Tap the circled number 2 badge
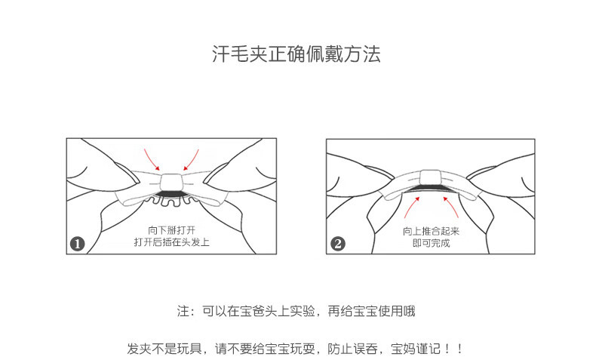click(x=338, y=243)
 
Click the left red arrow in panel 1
click(x=152, y=158)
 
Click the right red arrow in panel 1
click(x=191, y=158)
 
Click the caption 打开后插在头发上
click(x=171, y=242)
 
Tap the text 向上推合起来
click(x=431, y=231)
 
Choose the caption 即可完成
click(x=431, y=243)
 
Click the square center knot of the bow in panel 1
click(x=172, y=181)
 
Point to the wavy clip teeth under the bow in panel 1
click(x=172, y=201)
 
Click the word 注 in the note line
click(x=182, y=311)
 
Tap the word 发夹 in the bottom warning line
click(x=137, y=349)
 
